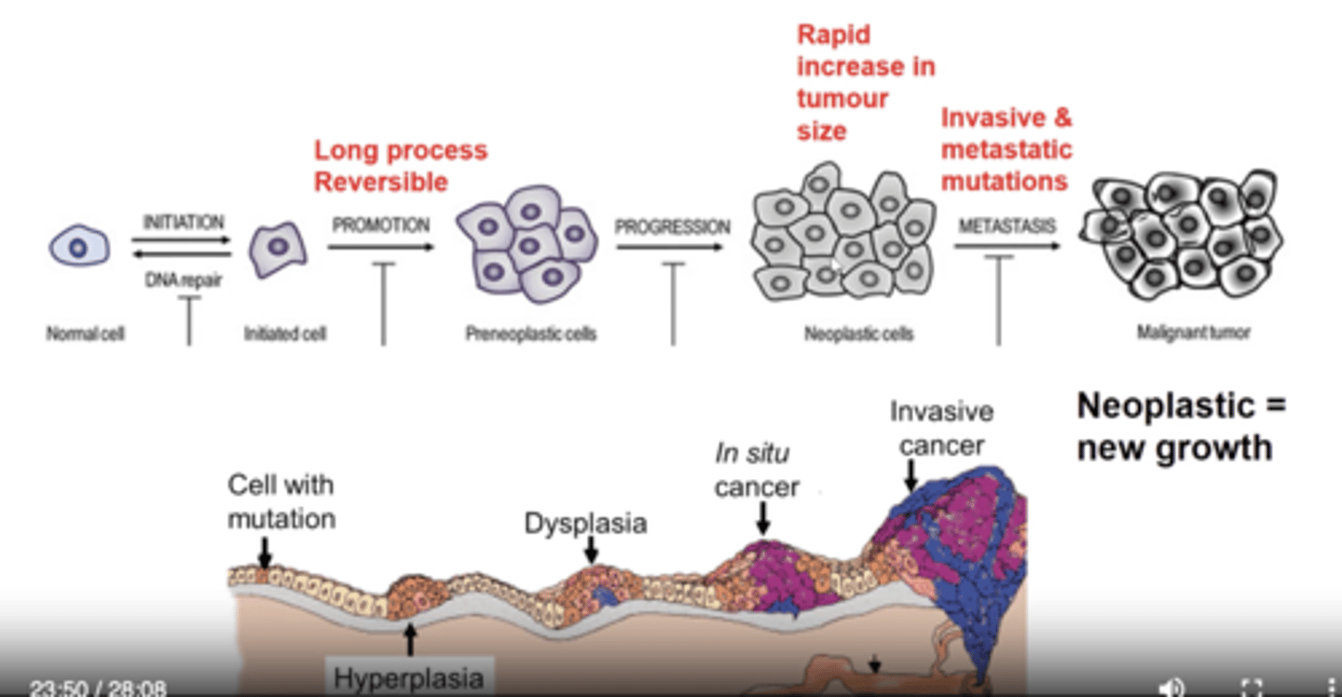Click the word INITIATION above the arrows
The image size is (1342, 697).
[184, 223]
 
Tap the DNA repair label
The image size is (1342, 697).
[183, 280]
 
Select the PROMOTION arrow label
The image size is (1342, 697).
[381, 225]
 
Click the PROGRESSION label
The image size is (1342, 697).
[672, 226]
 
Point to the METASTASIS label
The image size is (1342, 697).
[1006, 226]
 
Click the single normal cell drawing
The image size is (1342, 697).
[78, 247]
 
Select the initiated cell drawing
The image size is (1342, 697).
[278, 248]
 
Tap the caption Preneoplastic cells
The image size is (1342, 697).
[530, 334]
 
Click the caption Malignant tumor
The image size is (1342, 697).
[1193, 332]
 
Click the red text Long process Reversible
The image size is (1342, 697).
[400, 166]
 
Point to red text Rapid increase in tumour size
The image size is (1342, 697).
[864, 83]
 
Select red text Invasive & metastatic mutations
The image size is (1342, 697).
[1006, 149]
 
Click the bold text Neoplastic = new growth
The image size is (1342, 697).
[1180, 427]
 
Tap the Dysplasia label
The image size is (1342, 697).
[585, 523]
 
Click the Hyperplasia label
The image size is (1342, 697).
[408, 678]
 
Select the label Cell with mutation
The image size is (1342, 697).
[281, 501]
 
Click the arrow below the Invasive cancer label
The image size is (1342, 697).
[911, 479]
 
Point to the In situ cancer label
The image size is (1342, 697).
[756, 471]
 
